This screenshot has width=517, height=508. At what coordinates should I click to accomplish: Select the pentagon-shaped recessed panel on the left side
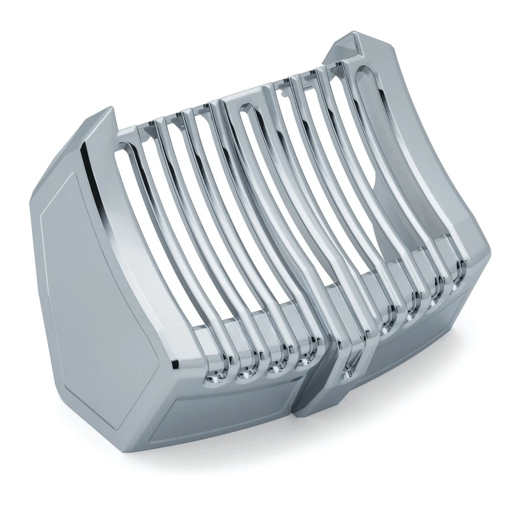(68, 238)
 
